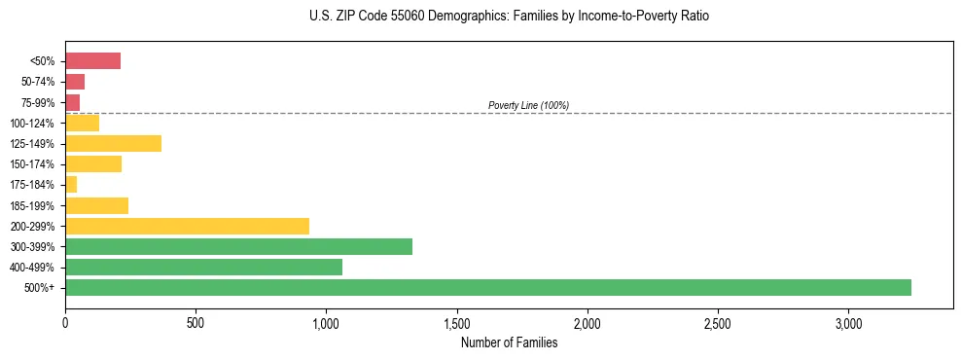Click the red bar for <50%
tap(92, 61)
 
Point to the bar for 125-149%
tap(113, 144)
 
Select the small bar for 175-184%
tap(71, 185)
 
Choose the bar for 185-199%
tap(96, 205)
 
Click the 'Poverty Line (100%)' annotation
tap(528, 105)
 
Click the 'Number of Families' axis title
tap(509, 342)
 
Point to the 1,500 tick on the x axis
tap(456, 322)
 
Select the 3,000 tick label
tap(848, 322)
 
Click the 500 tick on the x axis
tap(196, 322)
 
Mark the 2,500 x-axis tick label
tap(718, 322)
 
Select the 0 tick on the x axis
tap(65, 322)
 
